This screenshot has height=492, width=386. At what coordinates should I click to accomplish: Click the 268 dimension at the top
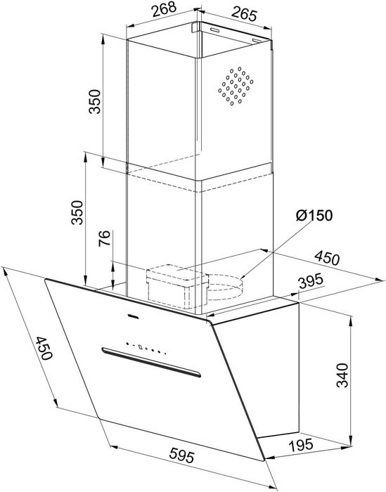[162, 13]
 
